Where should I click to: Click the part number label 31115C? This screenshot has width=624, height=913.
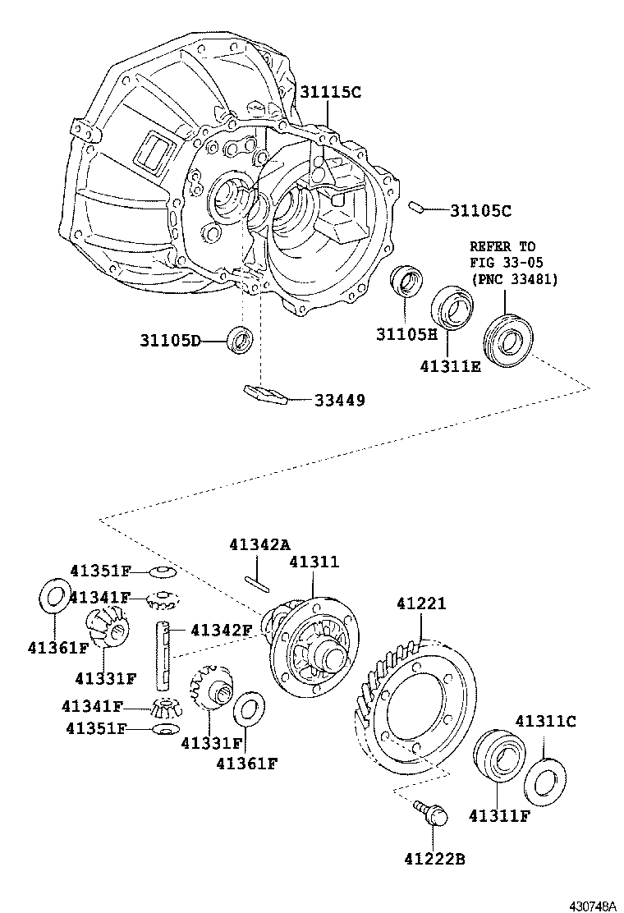329,92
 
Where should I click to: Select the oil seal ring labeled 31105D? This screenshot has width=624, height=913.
240,340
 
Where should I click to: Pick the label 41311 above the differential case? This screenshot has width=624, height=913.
313,562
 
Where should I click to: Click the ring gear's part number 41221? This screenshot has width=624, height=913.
420,603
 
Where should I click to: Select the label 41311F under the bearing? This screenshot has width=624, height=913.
498,815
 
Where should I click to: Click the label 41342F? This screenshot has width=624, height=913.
221,631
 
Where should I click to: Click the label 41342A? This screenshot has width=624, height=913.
259,544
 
